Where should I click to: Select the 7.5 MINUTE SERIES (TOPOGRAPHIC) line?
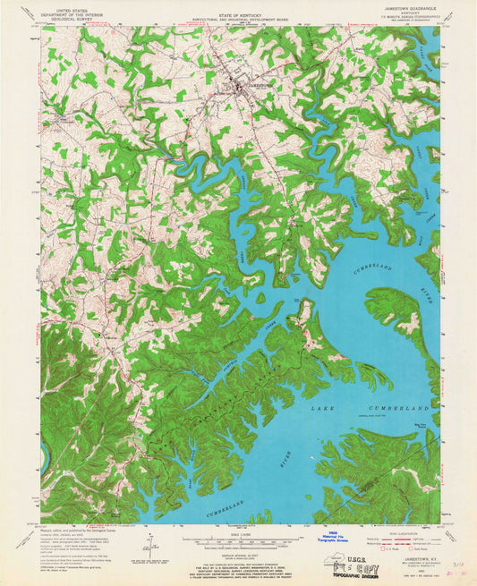408,21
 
